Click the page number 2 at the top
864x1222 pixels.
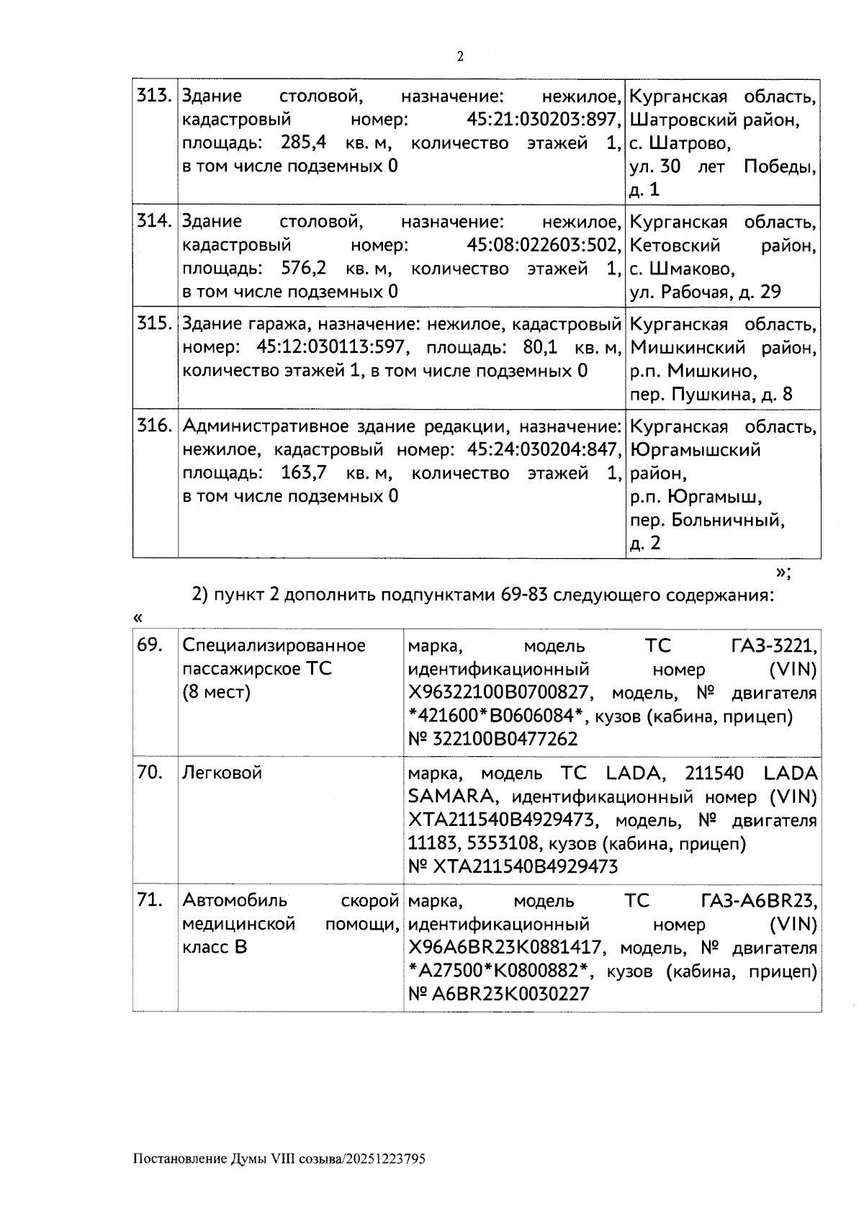coord(461,57)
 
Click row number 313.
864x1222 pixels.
coord(154,96)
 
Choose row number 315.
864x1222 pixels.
coord(154,324)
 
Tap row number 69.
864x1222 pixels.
coord(150,645)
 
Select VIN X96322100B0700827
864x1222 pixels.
coord(500,693)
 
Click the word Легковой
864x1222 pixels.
coord(222,773)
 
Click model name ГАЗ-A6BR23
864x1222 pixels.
coord(758,901)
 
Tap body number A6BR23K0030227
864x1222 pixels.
coord(510,994)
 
